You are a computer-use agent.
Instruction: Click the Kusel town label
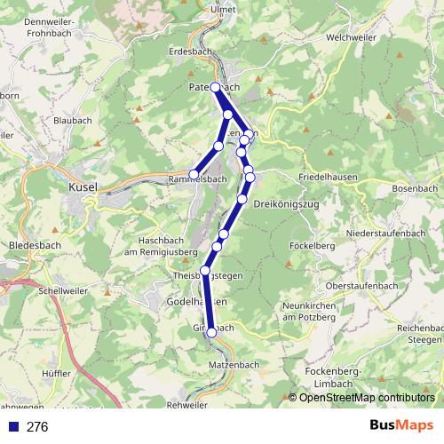pos(82,187)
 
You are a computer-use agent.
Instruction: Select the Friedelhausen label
pos(328,177)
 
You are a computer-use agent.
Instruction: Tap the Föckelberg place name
pos(311,245)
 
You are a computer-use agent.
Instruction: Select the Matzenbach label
pos(234,364)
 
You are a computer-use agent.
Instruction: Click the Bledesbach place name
pos(33,244)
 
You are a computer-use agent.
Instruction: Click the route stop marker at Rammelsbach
pos(194,174)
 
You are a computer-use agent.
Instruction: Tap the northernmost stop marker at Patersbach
pos(215,87)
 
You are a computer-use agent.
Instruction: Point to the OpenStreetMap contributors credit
pos(368,398)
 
